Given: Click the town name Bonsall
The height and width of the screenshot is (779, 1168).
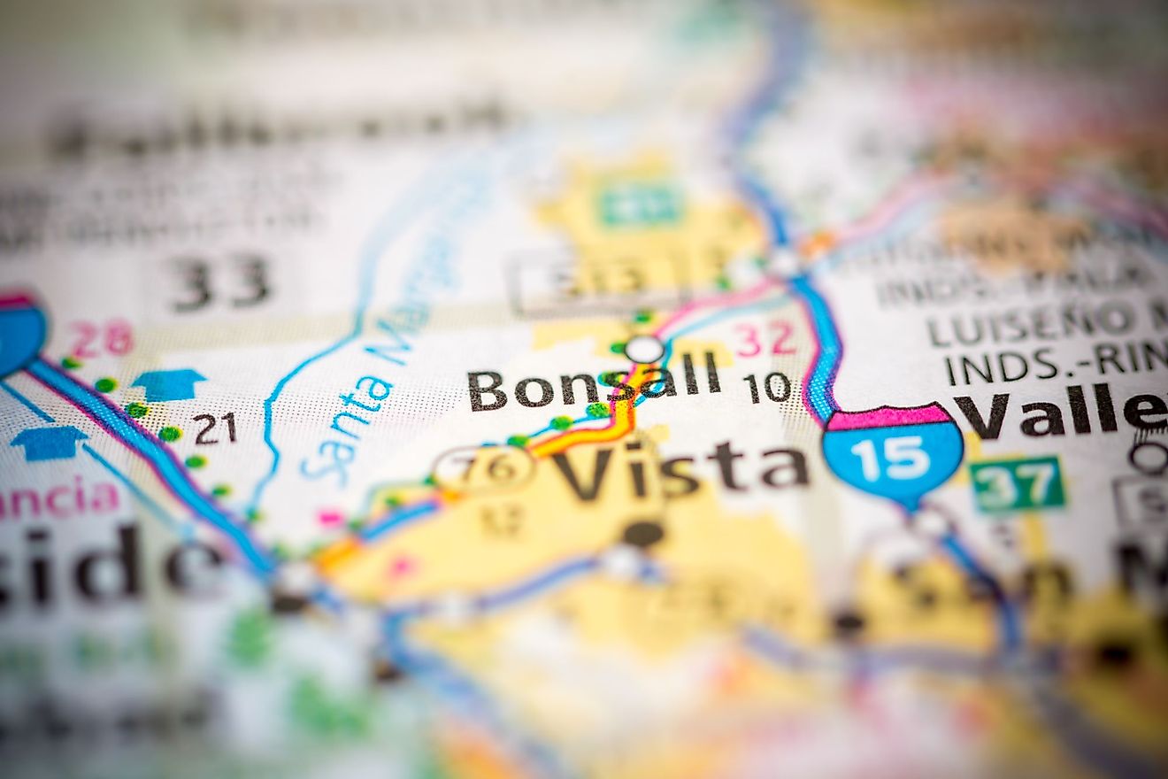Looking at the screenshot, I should [x=594, y=389].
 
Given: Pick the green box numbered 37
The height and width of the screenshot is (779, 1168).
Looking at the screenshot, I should [x=1017, y=483].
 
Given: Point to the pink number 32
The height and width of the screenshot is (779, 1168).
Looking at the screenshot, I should [x=764, y=340].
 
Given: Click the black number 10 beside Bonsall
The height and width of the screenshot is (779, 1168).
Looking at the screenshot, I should [x=766, y=388].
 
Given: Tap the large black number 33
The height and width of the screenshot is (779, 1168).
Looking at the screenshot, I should [x=220, y=282].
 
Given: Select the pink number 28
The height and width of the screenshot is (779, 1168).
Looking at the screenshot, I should [x=101, y=338].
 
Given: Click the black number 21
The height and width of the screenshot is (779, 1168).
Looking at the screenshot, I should [x=215, y=428].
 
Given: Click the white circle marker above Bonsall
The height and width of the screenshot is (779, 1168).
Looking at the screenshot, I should [x=644, y=349].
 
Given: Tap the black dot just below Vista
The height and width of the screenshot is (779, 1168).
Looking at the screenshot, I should [x=643, y=532].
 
